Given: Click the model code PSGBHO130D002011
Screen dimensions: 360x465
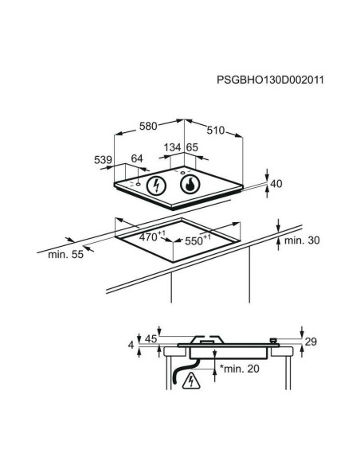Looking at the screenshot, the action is [x=270, y=80].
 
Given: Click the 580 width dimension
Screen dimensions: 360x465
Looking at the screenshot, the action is [x=148, y=126].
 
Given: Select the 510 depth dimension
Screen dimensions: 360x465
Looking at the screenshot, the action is [x=216, y=131].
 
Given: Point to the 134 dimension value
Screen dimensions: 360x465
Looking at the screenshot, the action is [x=172, y=147].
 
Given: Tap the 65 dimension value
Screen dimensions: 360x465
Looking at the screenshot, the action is [x=192, y=147].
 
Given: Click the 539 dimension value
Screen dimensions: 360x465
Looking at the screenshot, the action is [x=103, y=160].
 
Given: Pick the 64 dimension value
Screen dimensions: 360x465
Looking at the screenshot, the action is [x=137, y=158].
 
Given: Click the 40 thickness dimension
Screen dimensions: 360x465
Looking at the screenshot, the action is [x=276, y=184].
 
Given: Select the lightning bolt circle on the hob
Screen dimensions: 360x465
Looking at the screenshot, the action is [x=157, y=186].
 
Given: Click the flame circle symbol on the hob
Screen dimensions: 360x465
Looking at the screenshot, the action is [x=190, y=185].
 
